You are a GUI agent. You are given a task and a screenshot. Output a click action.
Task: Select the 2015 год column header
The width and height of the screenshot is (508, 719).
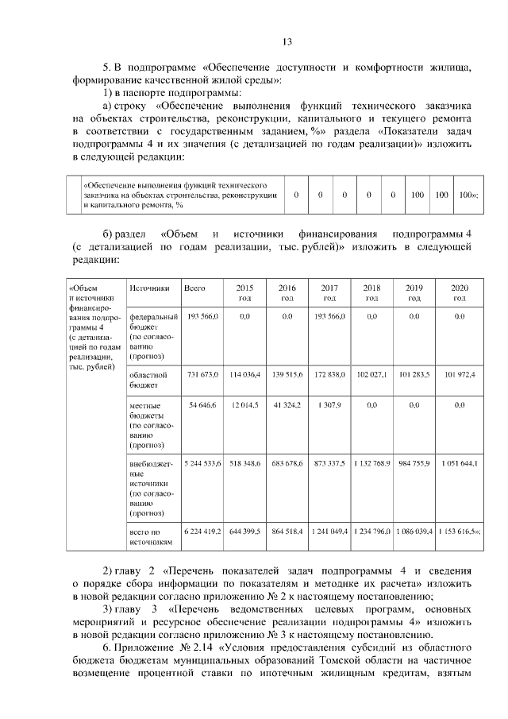click(x=244, y=292)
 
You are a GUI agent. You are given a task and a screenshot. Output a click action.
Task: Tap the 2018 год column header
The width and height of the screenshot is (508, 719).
click(x=371, y=292)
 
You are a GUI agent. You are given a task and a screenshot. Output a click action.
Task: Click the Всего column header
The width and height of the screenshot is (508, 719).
click(x=194, y=288)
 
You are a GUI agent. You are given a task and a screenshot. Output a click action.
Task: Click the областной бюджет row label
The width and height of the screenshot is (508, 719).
click(x=147, y=379)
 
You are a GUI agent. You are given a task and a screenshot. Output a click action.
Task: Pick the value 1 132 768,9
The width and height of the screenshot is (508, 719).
click(x=371, y=462)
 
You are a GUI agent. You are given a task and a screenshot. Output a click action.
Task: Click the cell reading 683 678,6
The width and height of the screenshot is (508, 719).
click(x=287, y=462)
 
